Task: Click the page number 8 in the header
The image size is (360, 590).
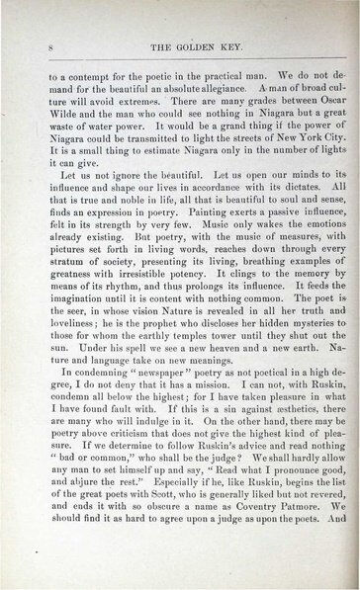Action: click(36, 47)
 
